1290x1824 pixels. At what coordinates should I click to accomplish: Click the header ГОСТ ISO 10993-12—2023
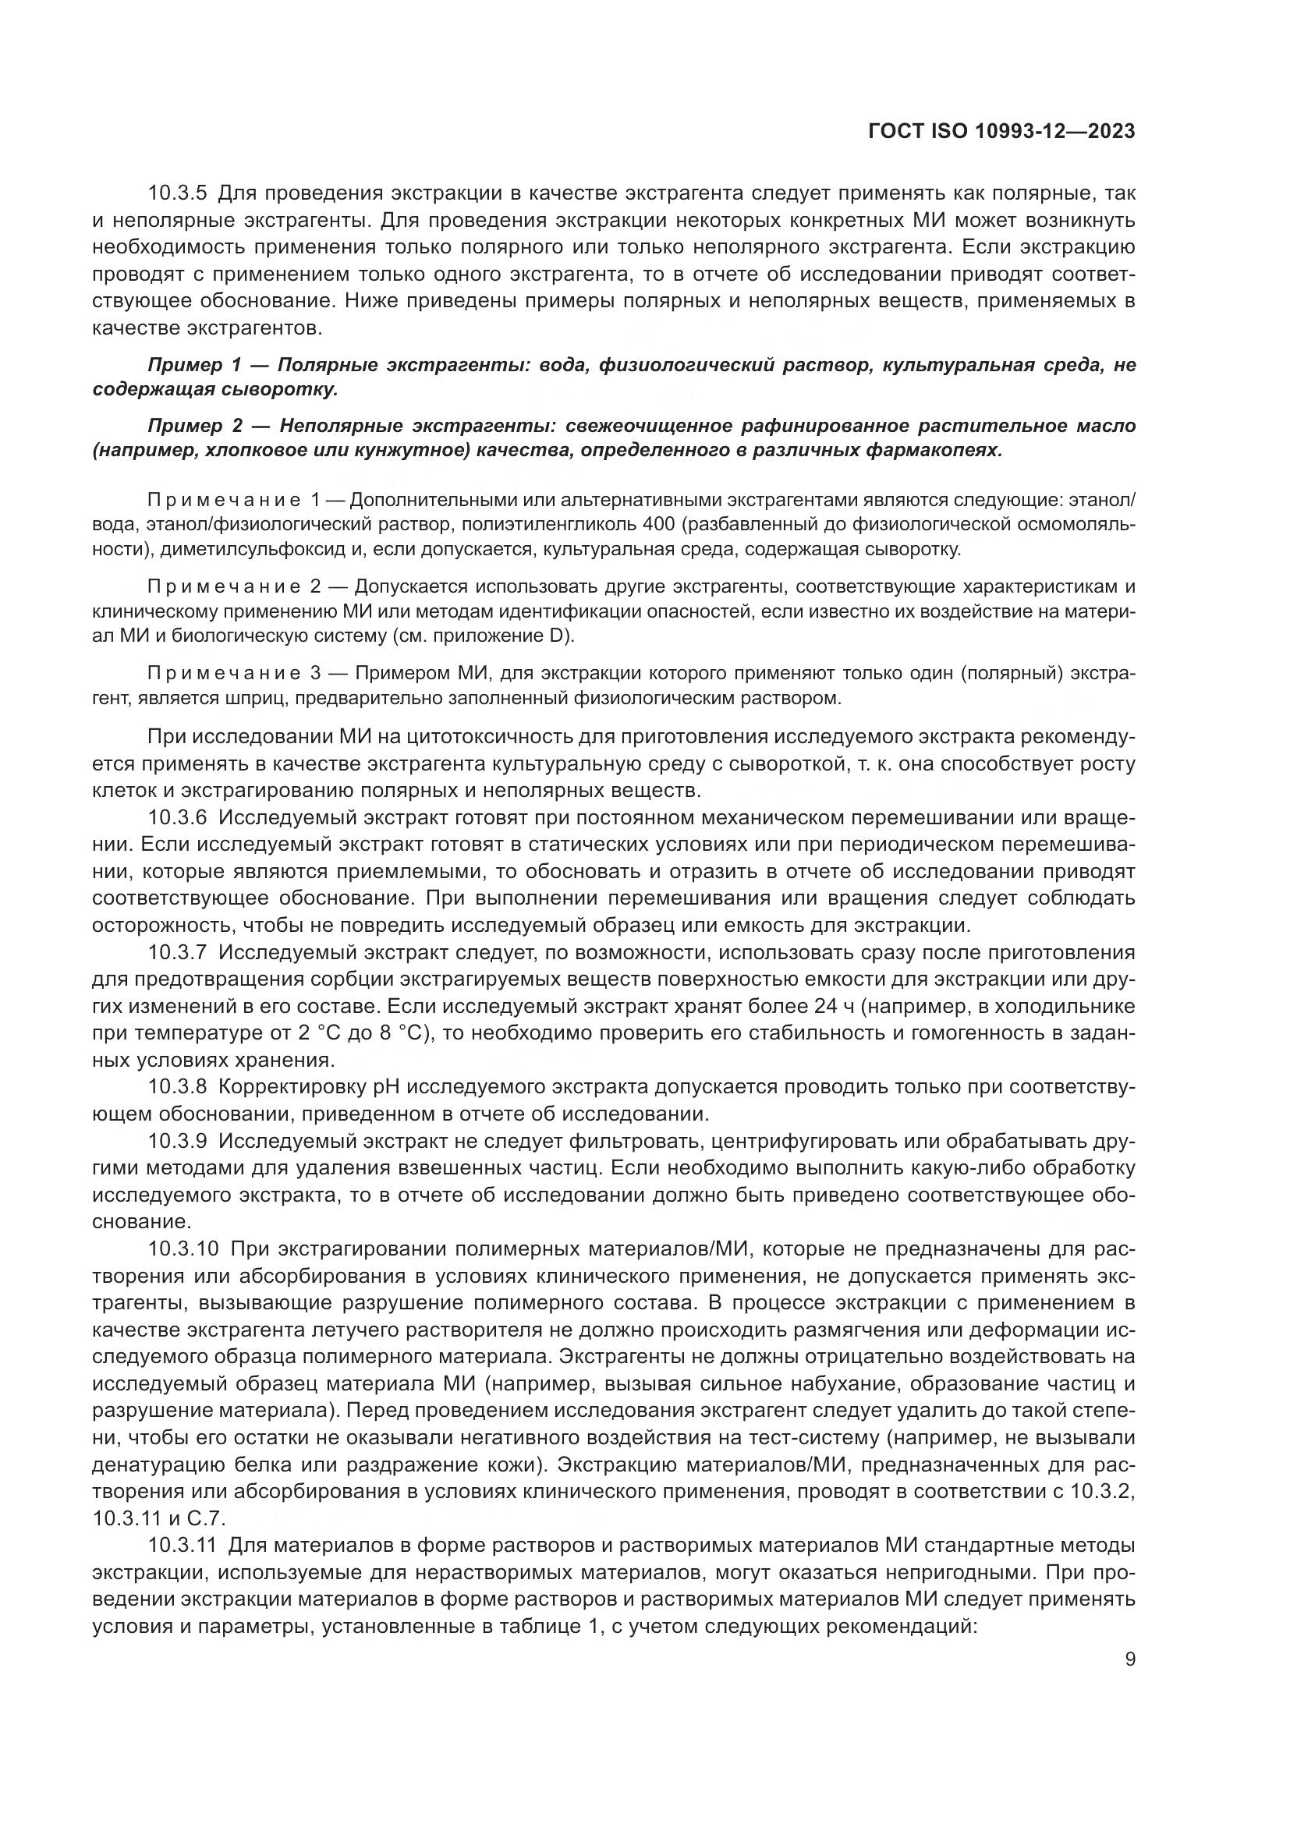(x=1001, y=132)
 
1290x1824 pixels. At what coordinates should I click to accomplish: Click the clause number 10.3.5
(x=177, y=193)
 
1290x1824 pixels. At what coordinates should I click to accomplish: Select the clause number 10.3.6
(x=177, y=817)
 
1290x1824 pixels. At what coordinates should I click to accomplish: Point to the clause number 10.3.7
(x=177, y=951)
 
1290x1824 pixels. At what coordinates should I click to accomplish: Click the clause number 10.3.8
(x=177, y=1086)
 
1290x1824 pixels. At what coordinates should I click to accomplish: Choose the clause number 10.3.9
(x=177, y=1141)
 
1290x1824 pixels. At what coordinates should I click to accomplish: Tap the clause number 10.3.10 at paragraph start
(x=183, y=1248)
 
